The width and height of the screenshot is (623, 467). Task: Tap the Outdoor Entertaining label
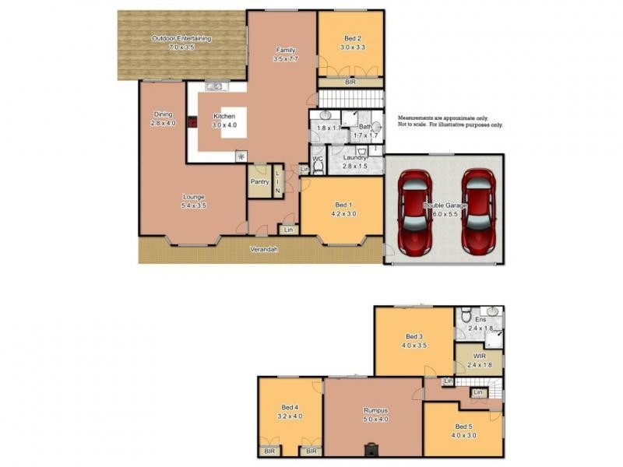pos(181,38)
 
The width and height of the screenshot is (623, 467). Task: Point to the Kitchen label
pos(224,118)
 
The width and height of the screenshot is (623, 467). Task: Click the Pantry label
pos(259,182)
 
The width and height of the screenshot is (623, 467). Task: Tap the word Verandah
pos(265,250)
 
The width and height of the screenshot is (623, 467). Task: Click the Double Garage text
pos(444,205)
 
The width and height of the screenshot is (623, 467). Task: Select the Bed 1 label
pos(342,204)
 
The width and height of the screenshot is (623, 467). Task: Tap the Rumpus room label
pos(375,410)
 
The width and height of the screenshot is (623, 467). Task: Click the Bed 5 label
pos(464,427)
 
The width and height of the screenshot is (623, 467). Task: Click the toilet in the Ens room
pos(463,316)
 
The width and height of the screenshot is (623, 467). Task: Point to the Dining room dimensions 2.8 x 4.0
pos(164,123)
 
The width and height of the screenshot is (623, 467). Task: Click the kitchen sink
pos(214,86)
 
